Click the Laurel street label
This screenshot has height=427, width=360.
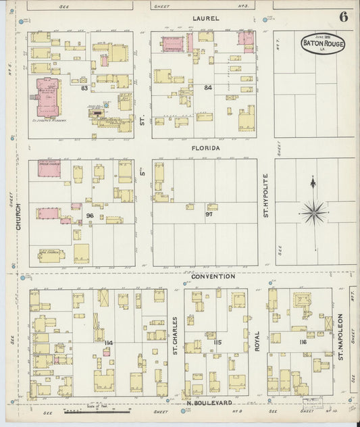click(205, 18)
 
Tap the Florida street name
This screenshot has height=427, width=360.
click(205, 147)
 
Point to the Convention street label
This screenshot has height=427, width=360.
click(212, 276)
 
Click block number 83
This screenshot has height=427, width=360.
click(84, 89)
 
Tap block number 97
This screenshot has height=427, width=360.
click(209, 214)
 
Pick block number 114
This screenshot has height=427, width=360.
click(108, 343)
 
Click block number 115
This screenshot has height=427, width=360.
click(217, 343)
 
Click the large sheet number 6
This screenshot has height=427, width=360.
click(344, 16)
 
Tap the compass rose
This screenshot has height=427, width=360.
click(313, 210)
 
